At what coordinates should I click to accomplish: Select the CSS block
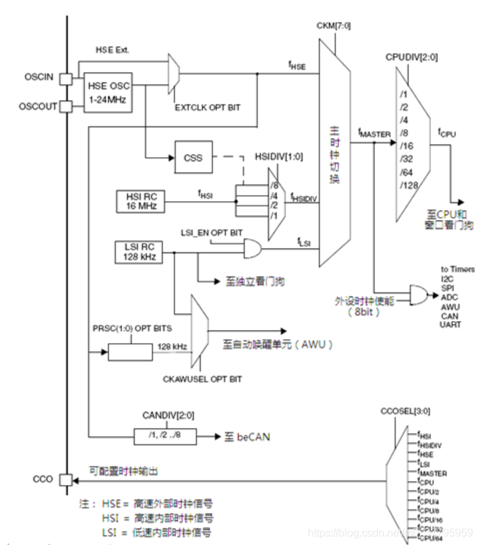pos(193,158)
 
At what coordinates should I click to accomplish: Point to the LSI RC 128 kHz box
pos(141,253)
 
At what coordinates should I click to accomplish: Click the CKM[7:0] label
pos(335,26)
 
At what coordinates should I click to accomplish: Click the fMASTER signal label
pos(374,134)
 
